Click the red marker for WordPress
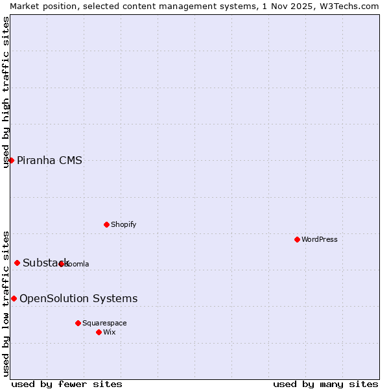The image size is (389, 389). point(297,239)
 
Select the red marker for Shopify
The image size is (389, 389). point(106,224)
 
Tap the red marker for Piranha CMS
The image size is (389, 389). point(11,160)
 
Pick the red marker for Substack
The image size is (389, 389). point(17,263)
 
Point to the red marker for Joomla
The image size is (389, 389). point(61,264)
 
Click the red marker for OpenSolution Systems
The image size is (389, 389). point(14,298)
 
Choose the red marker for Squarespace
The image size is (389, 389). point(78,323)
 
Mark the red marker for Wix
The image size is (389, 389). point(99,332)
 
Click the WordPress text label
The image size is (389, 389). point(320,239)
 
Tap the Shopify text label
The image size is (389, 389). point(123,224)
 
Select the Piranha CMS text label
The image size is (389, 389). point(49,160)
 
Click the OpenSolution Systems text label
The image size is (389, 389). point(78,298)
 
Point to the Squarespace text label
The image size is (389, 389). point(104,323)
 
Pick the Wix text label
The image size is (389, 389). point(110,332)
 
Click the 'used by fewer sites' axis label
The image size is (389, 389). point(67,384)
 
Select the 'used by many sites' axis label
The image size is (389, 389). point(325,384)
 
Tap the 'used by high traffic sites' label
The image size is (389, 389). point(6,92)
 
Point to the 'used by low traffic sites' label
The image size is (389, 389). point(6,303)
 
